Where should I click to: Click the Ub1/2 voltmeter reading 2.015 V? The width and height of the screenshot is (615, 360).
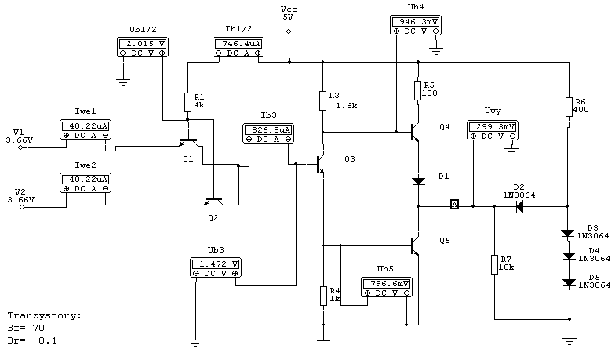tap(143, 47)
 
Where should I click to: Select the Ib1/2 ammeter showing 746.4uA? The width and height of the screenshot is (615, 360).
tap(238, 47)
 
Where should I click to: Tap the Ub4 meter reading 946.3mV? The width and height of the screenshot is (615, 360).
tap(416, 25)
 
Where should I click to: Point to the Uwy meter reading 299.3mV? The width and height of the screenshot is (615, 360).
tap(493, 130)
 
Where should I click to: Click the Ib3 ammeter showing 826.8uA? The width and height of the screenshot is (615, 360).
tap(268, 133)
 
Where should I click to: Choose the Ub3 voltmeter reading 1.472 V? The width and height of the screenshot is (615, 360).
tap(216, 268)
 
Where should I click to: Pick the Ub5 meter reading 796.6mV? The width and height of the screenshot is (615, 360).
tap(387, 287)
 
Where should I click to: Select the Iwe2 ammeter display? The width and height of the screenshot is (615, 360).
tap(86, 184)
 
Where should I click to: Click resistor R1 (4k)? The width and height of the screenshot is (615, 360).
tap(187, 102)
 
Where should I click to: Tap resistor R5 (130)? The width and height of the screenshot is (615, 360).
tap(418, 91)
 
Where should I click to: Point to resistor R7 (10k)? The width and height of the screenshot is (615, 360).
tap(494, 265)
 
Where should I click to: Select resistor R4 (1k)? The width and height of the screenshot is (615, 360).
tap(323, 296)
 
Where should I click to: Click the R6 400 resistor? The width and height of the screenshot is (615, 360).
tap(570, 107)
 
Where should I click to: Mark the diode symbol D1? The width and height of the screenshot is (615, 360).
tap(419, 181)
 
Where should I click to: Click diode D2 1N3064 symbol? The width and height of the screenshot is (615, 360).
tap(519, 206)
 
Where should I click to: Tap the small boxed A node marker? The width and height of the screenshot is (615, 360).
tap(454, 204)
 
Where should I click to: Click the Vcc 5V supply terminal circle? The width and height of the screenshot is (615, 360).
tap(289, 31)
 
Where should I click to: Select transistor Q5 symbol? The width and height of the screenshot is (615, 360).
tap(414, 246)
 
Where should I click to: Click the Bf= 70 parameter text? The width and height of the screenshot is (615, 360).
tap(26, 328)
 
